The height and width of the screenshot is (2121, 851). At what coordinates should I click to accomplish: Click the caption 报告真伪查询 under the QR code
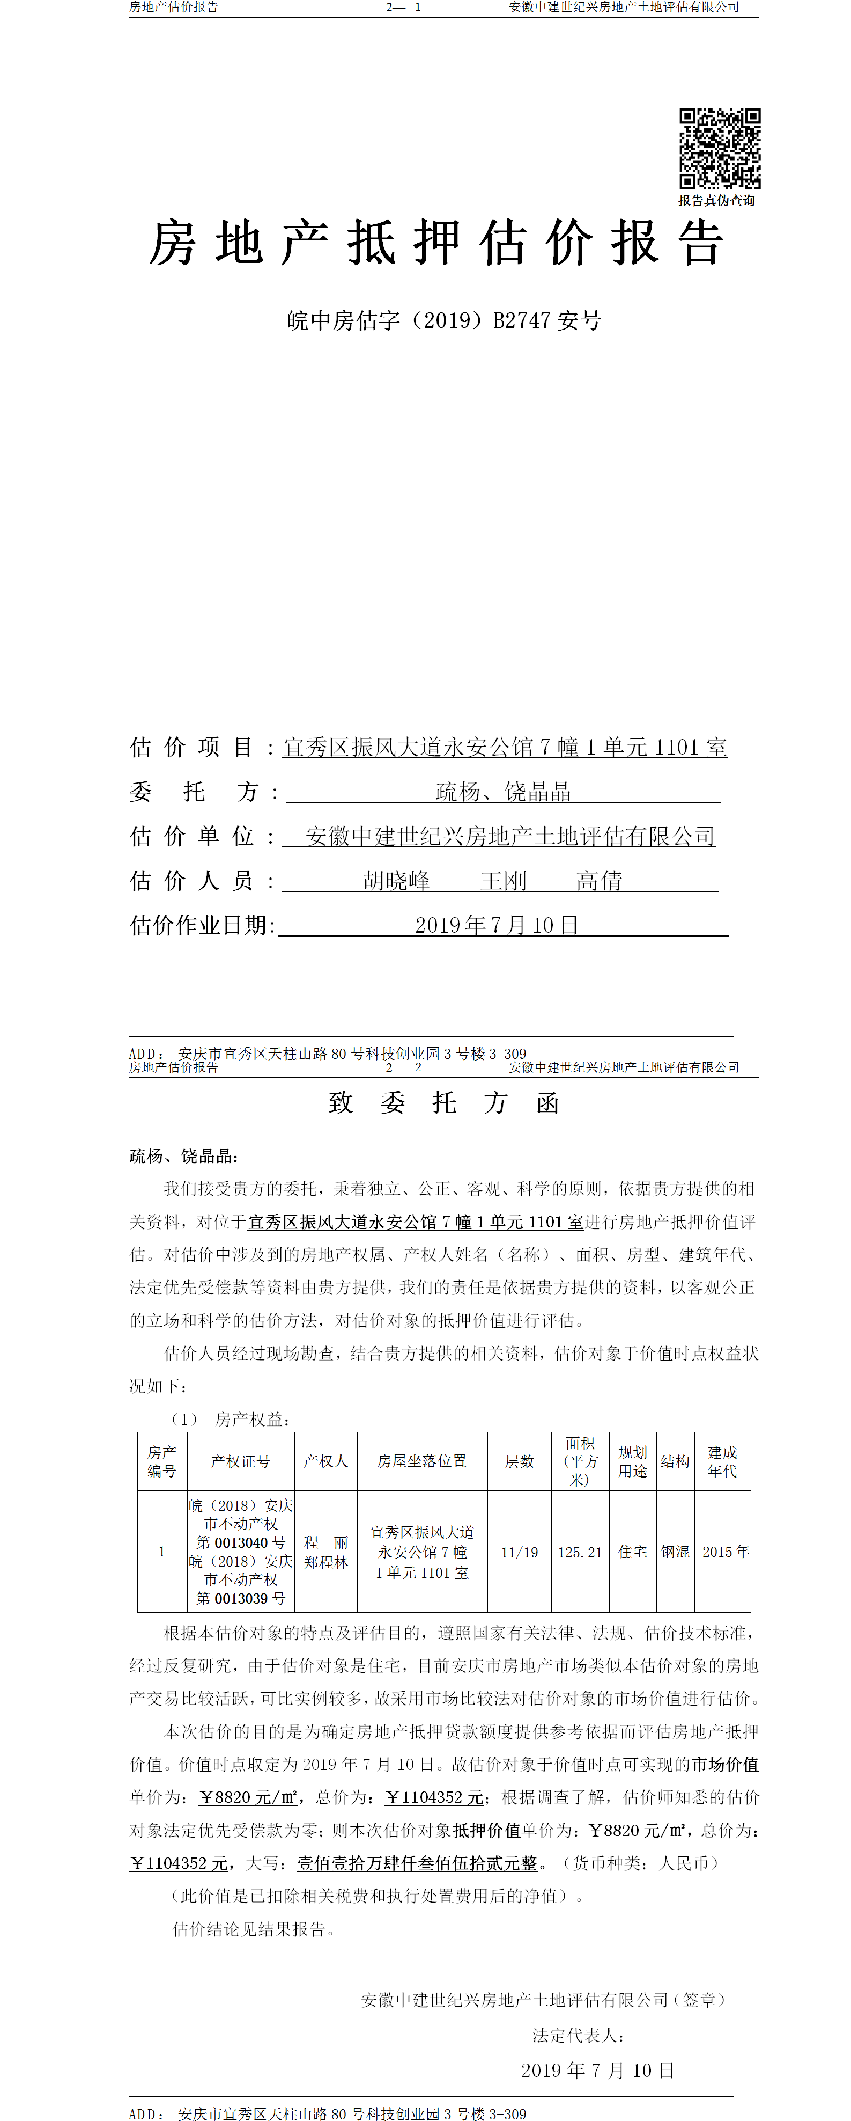pos(716,200)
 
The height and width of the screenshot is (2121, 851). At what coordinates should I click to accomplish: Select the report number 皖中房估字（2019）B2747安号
pos(443,320)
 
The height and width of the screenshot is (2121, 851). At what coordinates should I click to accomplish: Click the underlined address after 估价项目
pos(505,748)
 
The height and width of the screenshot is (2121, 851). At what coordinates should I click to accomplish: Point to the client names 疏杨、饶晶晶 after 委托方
pos(503,792)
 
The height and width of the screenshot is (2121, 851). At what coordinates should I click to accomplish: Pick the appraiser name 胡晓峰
pos(397,881)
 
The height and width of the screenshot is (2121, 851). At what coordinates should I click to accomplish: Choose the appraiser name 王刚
pos(503,881)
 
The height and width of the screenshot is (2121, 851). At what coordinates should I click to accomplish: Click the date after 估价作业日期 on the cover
pos(496,925)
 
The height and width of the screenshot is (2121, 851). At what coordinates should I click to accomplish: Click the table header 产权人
pos(326,1461)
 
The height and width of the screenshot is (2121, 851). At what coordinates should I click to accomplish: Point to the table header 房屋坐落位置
pos(422,1461)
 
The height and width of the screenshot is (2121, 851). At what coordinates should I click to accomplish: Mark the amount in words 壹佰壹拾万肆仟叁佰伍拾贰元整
pos(417,1863)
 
